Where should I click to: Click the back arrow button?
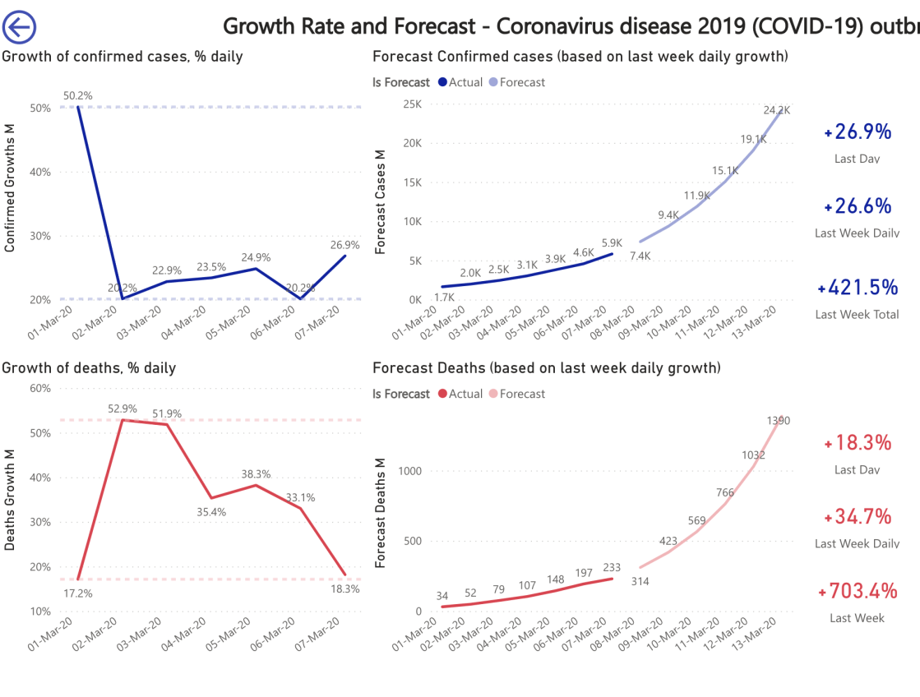(19, 27)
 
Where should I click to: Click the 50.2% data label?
(77, 95)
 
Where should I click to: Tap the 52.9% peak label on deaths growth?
(122, 409)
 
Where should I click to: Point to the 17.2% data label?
(77, 593)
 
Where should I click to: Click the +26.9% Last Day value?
(858, 132)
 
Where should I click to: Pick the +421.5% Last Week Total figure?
(858, 288)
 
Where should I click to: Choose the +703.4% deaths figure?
(857, 591)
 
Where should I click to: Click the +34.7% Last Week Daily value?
(858, 516)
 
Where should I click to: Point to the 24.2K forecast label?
(776, 109)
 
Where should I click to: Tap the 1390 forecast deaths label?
(778, 421)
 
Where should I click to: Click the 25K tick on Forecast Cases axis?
(411, 104)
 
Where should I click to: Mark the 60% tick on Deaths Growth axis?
(39, 389)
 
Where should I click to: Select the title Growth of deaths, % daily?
(89, 367)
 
